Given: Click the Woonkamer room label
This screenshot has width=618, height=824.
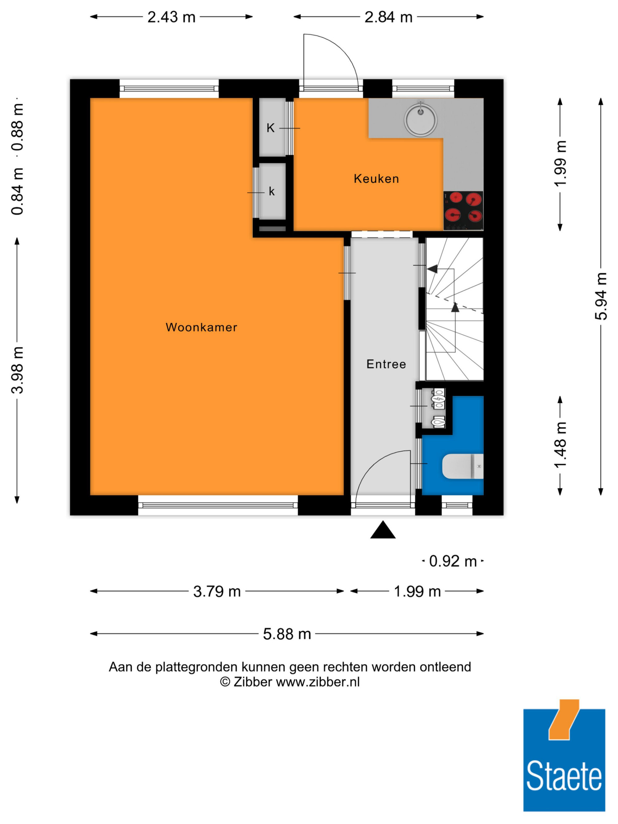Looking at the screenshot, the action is (201, 327).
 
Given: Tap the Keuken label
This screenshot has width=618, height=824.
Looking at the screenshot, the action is (376, 179).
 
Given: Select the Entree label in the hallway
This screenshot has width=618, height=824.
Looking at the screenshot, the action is (386, 364).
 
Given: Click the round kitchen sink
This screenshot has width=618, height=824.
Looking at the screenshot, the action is (421, 119).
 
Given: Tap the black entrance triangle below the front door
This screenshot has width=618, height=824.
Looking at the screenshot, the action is (383, 530).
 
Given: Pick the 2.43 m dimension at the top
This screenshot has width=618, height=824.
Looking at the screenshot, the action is (171, 17).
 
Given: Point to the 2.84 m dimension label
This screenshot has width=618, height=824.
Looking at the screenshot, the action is (388, 17).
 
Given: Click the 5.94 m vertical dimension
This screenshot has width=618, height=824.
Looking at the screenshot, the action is (600, 296).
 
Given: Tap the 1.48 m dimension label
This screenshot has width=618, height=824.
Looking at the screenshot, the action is (560, 445).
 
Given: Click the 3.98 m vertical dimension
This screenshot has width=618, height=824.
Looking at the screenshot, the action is (17, 370).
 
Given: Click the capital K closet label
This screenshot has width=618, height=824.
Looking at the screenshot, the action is (270, 128).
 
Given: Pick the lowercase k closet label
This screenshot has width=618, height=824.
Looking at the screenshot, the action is (272, 192).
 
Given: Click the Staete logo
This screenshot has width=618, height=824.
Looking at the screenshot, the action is (564, 760).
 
